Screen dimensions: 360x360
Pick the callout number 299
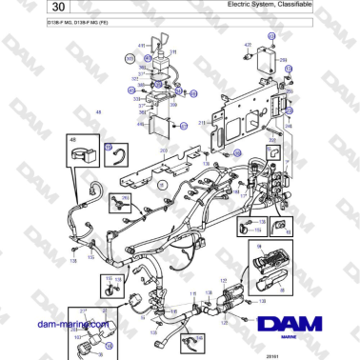pos(283,59)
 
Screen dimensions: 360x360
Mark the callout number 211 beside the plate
pos(201,123)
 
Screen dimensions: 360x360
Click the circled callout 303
pos(130,58)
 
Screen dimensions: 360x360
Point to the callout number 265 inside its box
pos(125,199)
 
